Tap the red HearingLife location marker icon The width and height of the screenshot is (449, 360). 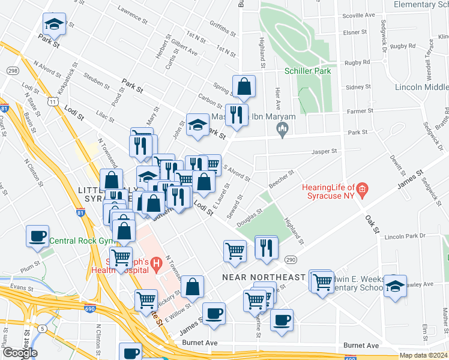[362, 191]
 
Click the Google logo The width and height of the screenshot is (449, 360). [19, 353]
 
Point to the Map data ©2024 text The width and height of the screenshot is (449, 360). [423, 355]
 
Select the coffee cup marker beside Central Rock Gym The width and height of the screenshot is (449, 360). [38, 236]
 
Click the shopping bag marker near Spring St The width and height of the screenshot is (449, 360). [244, 87]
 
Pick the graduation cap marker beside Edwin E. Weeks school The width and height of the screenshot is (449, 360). [395, 286]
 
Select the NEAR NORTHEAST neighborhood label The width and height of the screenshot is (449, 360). [264, 277]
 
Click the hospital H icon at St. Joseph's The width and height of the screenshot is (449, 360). [156, 263]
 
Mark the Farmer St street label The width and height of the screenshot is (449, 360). [360, 110]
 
